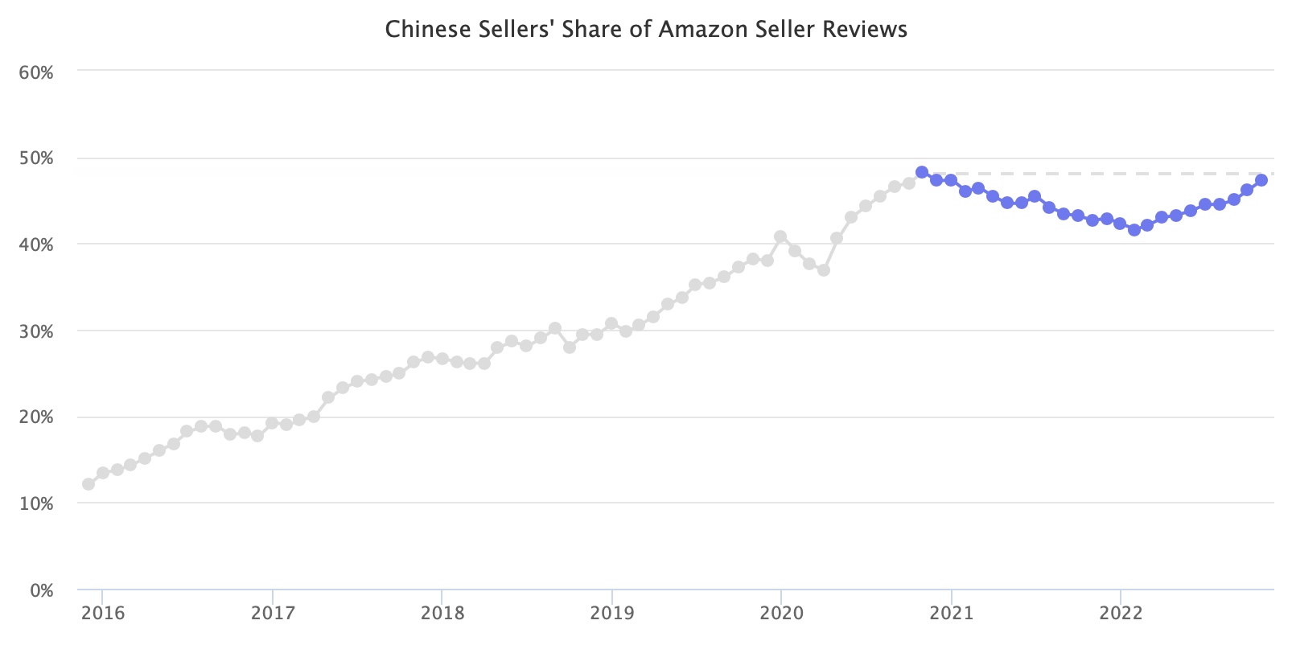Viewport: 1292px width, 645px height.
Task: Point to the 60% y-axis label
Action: click(36, 72)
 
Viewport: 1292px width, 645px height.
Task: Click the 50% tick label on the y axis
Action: click(36, 158)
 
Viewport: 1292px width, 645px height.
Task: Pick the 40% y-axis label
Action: click(36, 244)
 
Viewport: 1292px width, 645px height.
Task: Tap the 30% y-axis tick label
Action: click(36, 331)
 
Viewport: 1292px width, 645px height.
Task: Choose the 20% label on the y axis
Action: click(36, 417)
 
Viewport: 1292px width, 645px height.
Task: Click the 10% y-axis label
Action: click(36, 504)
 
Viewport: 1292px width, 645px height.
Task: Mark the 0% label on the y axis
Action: click(40, 591)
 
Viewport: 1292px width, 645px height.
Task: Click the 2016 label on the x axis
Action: click(103, 614)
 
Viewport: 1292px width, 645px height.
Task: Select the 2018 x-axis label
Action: click(442, 614)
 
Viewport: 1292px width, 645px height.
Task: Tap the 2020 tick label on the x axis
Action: click(781, 614)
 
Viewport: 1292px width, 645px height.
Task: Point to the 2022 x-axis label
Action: click(1121, 614)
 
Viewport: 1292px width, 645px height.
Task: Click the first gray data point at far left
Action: click(88, 484)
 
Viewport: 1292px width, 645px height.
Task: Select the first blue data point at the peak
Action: click(922, 172)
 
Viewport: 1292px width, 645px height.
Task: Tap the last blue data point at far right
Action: click(1261, 180)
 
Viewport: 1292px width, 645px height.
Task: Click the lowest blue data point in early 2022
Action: click(1134, 230)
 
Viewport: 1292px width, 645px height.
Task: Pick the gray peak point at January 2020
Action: click(780, 236)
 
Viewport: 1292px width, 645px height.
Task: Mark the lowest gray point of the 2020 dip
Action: click(823, 270)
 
